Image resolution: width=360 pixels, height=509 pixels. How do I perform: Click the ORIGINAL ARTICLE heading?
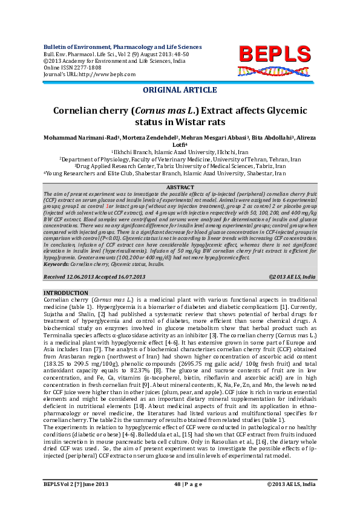(x=180, y=90)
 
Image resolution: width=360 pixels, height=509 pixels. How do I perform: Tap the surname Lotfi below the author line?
(x=178, y=145)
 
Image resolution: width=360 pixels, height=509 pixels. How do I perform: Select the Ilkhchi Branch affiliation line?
(x=179, y=152)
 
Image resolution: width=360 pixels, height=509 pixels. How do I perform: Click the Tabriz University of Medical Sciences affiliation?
(x=180, y=166)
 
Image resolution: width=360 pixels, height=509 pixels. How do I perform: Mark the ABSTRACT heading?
(x=180, y=188)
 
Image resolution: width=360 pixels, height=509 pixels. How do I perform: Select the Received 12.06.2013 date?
(x=68, y=276)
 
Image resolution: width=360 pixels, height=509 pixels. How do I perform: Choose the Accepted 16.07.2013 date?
(x=120, y=276)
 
